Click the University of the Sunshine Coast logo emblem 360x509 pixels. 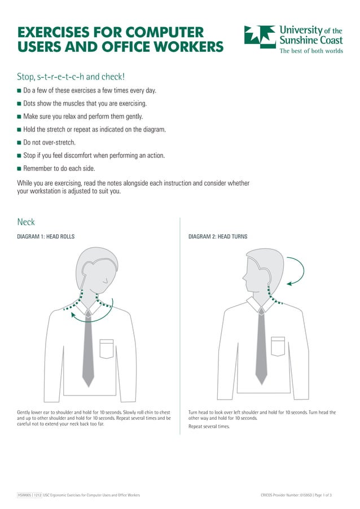260,36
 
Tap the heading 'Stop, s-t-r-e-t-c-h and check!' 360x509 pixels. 71,76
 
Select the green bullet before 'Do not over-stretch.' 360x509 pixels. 19,143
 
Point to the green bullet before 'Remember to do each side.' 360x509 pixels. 19,169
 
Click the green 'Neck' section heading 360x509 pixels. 26,222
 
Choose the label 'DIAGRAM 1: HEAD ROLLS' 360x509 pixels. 46,236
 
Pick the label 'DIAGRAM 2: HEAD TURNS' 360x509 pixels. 218,236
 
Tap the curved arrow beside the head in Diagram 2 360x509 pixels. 297,271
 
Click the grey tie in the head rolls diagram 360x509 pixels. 88,350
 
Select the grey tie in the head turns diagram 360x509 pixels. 261,350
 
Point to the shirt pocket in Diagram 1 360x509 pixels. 107,348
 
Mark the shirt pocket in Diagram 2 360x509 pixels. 278,346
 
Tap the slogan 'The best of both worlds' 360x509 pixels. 311,50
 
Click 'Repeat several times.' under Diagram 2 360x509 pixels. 209,427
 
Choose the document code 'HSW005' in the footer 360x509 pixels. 24,495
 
